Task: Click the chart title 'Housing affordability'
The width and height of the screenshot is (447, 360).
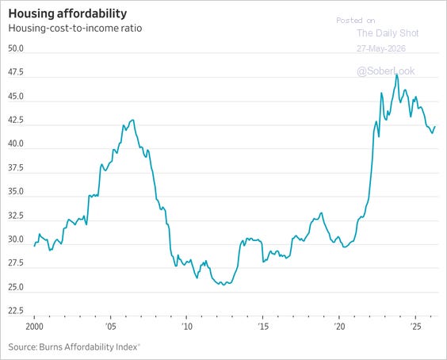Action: click(x=67, y=14)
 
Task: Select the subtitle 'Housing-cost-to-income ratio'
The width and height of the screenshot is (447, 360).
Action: click(x=75, y=29)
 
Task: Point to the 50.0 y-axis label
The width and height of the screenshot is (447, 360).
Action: click(x=16, y=48)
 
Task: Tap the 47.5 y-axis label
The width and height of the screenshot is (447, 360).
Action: click(x=16, y=72)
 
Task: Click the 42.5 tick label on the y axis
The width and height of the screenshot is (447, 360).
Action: click(x=16, y=120)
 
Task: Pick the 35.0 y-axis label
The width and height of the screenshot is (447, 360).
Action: click(x=16, y=191)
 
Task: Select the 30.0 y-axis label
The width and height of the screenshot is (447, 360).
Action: click(x=16, y=239)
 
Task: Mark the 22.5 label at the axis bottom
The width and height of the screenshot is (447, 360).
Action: click(x=16, y=311)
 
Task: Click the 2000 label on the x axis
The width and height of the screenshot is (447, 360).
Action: click(x=34, y=327)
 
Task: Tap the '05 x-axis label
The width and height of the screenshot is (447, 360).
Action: click(x=110, y=327)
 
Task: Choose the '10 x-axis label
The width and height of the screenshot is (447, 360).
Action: click(x=187, y=327)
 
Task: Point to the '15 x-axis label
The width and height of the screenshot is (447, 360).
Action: click(x=263, y=327)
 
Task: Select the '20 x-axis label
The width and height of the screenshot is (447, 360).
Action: click(x=339, y=327)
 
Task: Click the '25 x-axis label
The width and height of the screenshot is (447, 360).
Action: click(x=415, y=327)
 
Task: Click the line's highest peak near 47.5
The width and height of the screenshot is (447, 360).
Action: click(x=396, y=75)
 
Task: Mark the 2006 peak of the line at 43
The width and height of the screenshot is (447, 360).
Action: click(x=133, y=120)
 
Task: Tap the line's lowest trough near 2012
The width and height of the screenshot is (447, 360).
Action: click(x=223, y=285)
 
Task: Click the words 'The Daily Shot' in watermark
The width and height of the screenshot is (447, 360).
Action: click(x=388, y=33)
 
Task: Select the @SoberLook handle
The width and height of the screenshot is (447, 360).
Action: click(x=386, y=71)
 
